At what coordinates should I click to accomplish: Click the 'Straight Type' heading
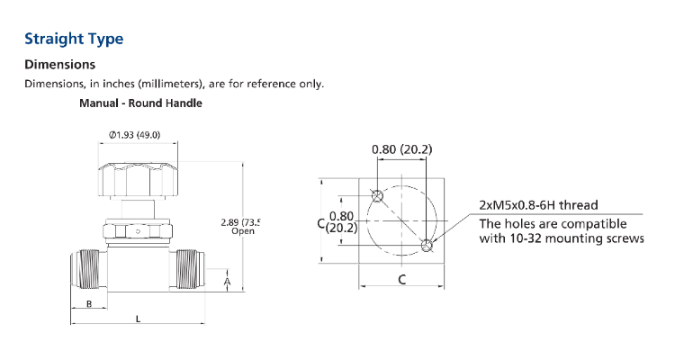tap(74, 39)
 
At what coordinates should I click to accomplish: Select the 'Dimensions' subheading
tap(59, 65)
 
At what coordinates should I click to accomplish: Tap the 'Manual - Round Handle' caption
tap(140, 103)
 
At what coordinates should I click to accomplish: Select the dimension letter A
tap(227, 283)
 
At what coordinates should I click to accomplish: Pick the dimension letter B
tap(89, 304)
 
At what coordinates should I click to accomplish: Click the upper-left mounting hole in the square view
tap(377, 195)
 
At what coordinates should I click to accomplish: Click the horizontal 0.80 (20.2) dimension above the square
tap(401, 149)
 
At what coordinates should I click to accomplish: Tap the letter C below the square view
tap(401, 280)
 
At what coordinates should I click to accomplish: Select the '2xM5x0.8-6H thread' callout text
tap(538, 205)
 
